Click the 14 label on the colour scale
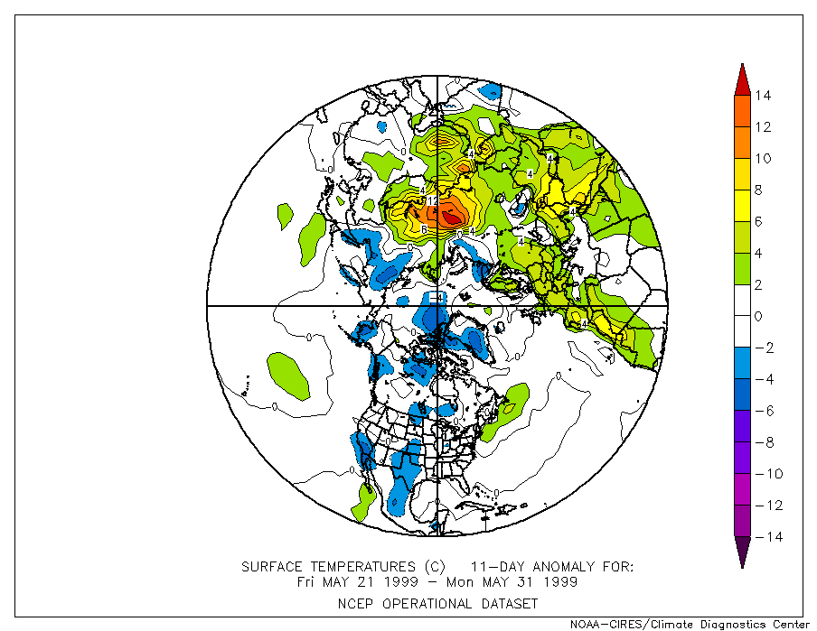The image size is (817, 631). point(764,96)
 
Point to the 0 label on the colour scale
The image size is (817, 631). point(759,316)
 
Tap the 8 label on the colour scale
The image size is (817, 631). point(759,190)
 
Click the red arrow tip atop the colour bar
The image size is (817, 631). point(741,78)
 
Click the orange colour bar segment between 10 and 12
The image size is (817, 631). point(741,143)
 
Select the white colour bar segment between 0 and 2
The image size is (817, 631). point(741,301)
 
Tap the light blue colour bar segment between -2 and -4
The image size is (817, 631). point(741,364)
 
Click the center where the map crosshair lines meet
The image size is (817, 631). point(437,306)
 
